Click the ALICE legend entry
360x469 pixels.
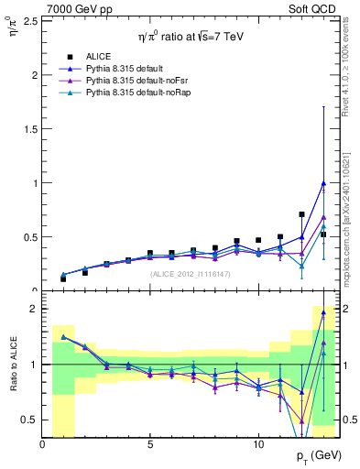[x=98, y=57]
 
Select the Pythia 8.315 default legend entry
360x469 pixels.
[x=125, y=69]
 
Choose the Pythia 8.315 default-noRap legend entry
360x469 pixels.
[x=134, y=94]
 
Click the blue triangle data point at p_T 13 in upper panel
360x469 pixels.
[x=323, y=182]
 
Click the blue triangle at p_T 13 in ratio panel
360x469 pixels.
[x=323, y=312]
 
